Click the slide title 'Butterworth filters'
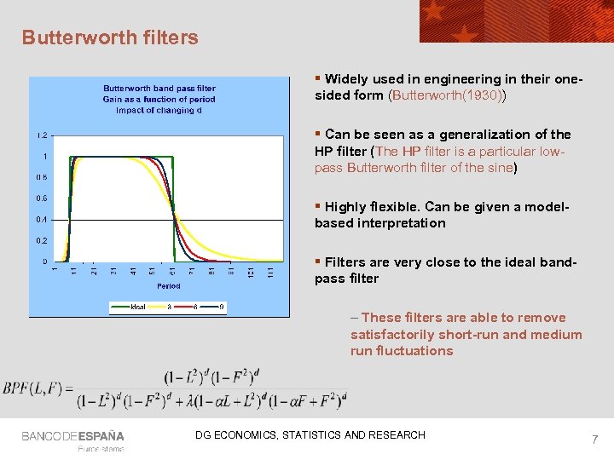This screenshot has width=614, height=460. point(110,37)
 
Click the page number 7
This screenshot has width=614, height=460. point(594,440)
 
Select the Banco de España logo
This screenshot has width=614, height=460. point(72,436)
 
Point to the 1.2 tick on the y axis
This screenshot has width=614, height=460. point(41,135)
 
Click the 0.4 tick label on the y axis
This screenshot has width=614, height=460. point(41,220)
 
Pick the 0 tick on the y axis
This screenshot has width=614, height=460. point(44,262)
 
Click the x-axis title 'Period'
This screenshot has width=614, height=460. point(168,286)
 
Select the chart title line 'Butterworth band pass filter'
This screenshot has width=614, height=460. point(159,88)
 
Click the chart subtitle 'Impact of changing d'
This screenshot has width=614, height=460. point(159,110)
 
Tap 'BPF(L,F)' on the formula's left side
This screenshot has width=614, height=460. point(37,388)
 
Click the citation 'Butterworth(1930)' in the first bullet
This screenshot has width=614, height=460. point(447,95)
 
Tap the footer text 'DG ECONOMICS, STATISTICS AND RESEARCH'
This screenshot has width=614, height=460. point(310,435)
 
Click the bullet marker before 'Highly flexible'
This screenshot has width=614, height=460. point(318,206)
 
